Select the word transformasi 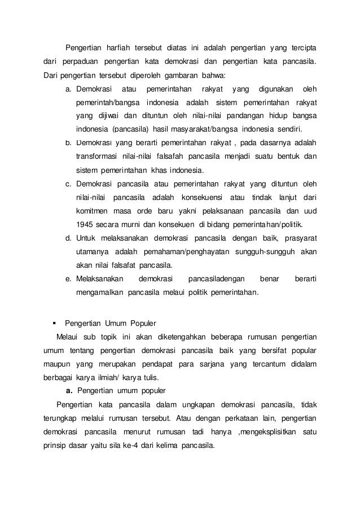click(x=98, y=156)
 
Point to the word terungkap click(x=62, y=419)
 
